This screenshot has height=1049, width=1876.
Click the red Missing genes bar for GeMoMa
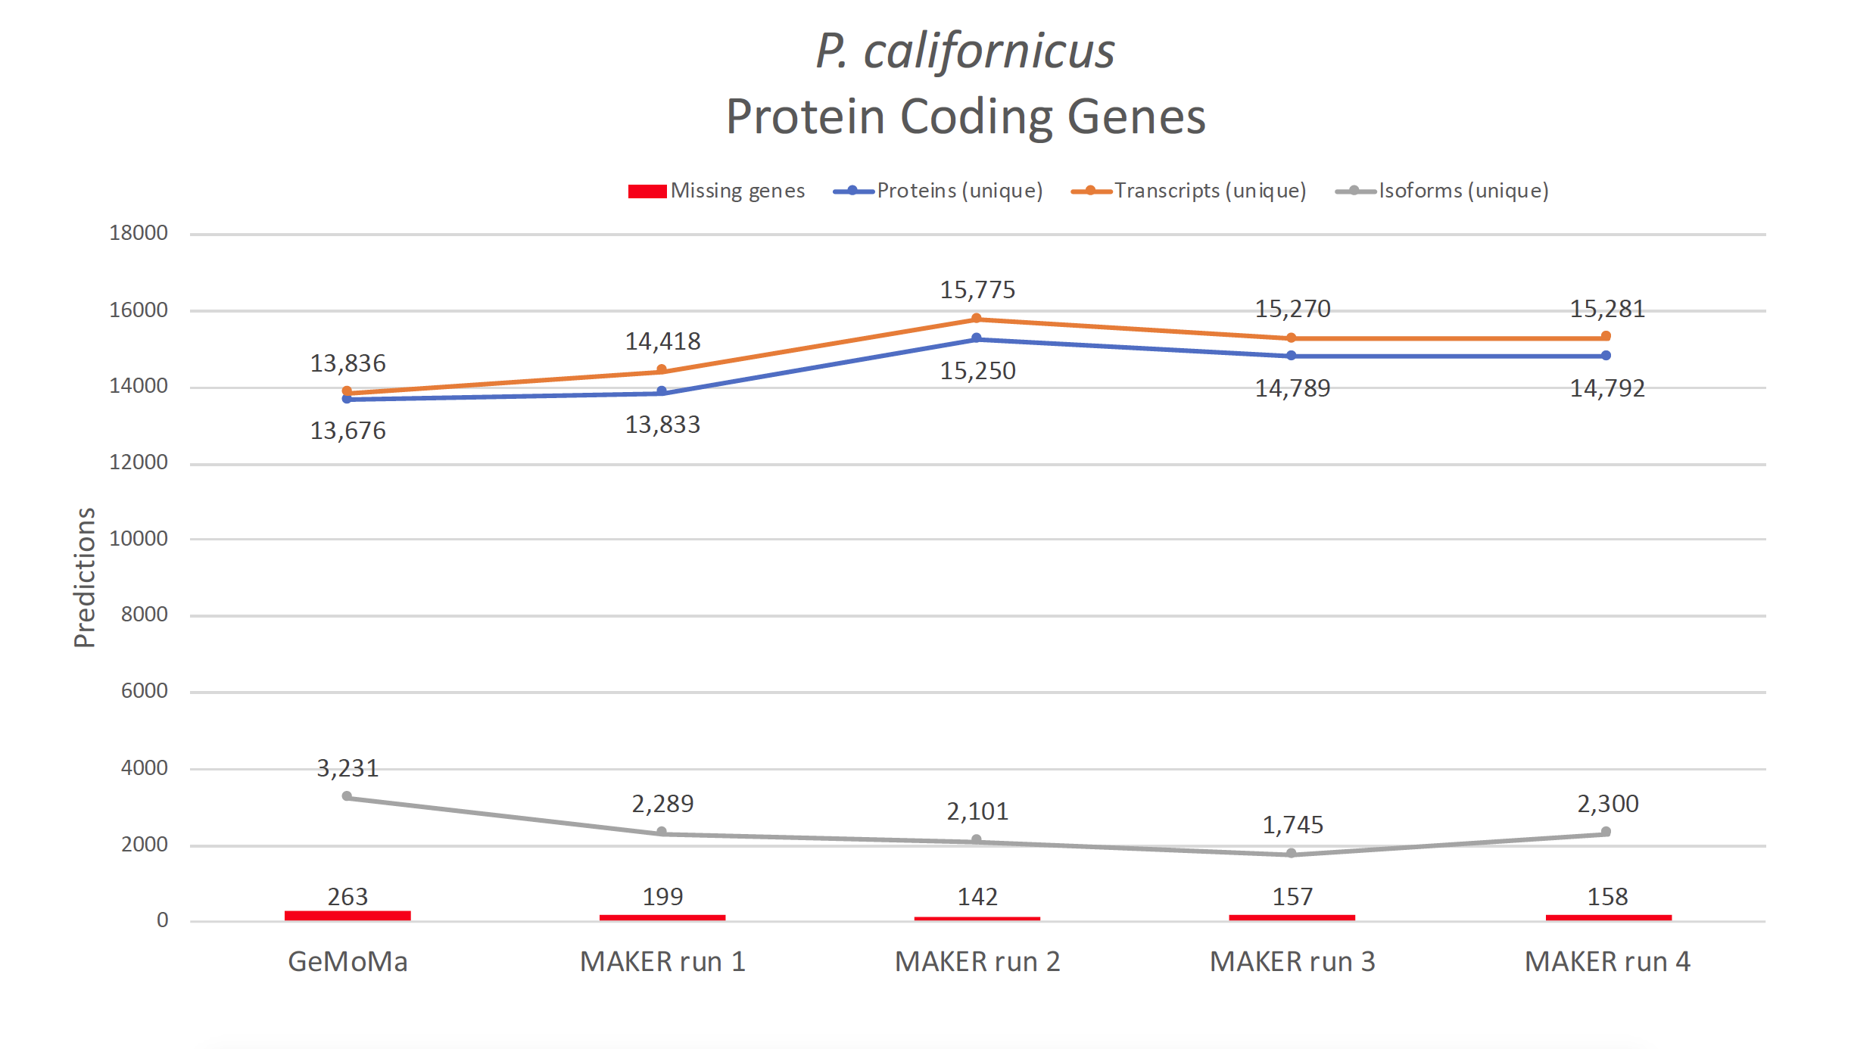click(347, 916)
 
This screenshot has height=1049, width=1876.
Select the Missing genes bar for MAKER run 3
click(1292, 917)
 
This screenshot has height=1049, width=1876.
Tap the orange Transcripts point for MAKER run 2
click(977, 319)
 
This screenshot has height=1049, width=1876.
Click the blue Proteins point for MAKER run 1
click(662, 391)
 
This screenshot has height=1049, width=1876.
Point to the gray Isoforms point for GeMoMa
click(347, 796)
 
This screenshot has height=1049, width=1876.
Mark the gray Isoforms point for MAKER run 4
click(1606, 832)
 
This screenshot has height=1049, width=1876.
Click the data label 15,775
click(977, 290)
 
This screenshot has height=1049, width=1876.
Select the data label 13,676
click(347, 431)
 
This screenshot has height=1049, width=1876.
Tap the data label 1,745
click(1292, 824)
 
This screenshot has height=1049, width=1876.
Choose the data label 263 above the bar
click(347, 897)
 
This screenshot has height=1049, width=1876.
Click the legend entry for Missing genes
click(716, 191)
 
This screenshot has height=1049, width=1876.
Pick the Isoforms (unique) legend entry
click(1442, 191)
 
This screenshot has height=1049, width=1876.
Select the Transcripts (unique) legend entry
click(1189, 191)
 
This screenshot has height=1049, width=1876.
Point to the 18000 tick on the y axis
click(139, 233)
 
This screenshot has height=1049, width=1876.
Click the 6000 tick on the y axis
click(145, 691)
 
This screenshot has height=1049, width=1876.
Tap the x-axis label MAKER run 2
click(977, 962)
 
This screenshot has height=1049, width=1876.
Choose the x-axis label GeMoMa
click(347, 962)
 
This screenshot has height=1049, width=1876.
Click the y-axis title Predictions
click(85, 577)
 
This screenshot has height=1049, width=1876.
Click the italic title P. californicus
click(965, 51)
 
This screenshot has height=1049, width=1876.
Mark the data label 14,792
click(1607, 388)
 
